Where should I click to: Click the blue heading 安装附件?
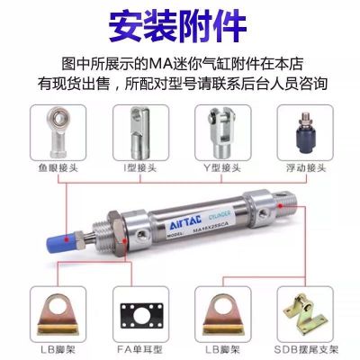(180, 24)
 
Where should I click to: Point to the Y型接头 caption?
(222, 165)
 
